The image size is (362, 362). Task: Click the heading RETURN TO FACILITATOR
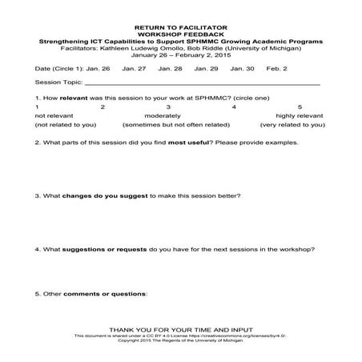pos(180,26)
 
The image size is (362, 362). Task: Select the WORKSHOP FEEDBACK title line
pos(180,34)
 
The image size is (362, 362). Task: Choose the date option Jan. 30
pos(242,69)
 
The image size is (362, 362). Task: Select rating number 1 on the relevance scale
pos(38,107)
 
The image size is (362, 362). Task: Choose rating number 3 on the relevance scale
pos(168,107)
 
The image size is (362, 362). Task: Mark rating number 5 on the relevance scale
pos(300,107)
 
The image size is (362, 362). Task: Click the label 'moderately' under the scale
pos(168,116)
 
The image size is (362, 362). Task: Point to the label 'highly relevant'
pos(298,116)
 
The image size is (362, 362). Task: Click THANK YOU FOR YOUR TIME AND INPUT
pos(180,329)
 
